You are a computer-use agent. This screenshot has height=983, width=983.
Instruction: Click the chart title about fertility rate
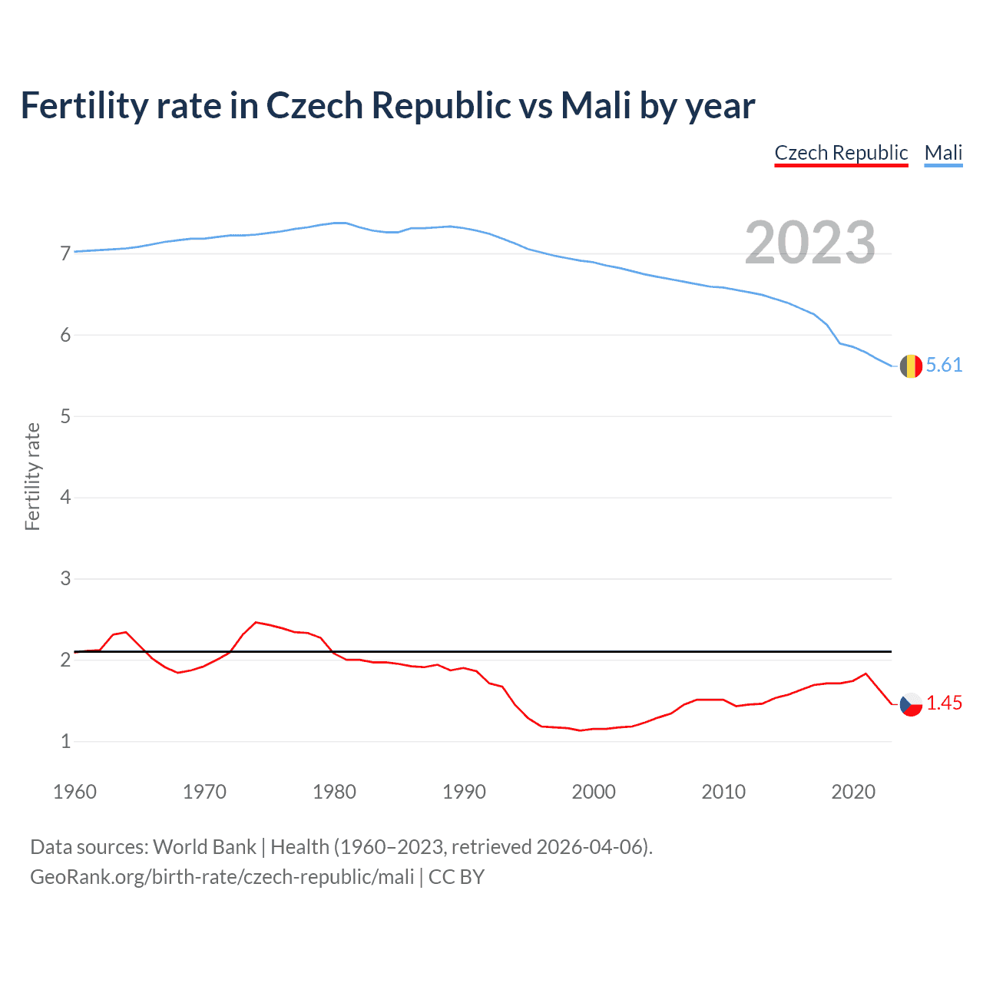click(x=388, y=105)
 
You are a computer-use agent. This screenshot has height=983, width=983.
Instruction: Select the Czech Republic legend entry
click(x=841, y=153)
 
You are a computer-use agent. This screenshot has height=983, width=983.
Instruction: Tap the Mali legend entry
click(x=943, y=153)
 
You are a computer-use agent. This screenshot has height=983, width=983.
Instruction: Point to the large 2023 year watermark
click(x=810, y=243)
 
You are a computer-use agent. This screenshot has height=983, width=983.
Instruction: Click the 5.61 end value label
click(x=944, y=365)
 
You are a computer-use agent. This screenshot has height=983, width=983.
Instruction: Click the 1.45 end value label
click(x=944, y=703)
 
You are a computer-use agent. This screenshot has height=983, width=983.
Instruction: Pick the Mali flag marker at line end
click(x=911, y=366)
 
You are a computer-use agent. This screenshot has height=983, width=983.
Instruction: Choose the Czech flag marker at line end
click(x=911, y=704)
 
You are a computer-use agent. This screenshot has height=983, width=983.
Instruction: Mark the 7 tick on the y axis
click(x=65, y=253)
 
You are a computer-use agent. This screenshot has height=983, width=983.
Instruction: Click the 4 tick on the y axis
click(x=65, y=497)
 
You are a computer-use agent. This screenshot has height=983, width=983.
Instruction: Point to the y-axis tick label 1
click(x=65, y=741)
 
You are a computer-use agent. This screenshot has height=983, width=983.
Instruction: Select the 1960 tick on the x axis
click(x=74, y=792)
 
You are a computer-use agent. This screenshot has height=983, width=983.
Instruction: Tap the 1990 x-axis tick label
click(x=464, y=792)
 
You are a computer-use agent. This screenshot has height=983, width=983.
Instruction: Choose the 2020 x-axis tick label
click(x=853, y=792)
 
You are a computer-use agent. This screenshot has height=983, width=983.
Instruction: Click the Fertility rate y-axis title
click(x=32, y=476)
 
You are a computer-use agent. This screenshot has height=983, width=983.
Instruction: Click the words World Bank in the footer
click(x=204, y=847)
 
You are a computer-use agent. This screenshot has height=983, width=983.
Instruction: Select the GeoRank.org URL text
click(x=222, y=877)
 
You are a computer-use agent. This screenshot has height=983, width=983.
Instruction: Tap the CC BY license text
click(x=456, y=877)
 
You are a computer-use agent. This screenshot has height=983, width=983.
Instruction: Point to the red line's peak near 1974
click(x=256, y=622)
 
